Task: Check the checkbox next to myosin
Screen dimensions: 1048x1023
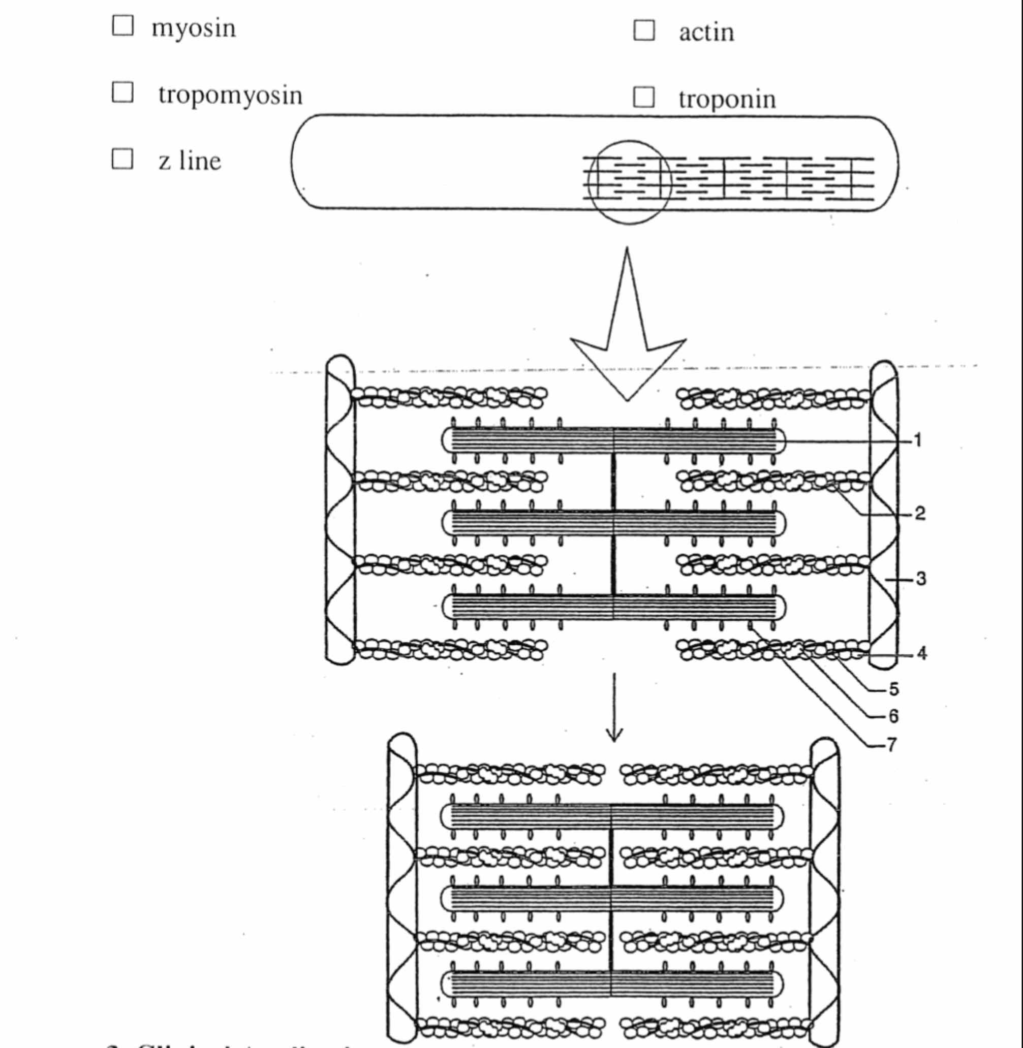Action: click(122, 25)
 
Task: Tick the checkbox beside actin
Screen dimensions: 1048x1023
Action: click(644, 30)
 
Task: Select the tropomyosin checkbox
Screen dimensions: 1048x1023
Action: click(122, 92)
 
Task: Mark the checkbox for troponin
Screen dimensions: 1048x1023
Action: click(644, 97)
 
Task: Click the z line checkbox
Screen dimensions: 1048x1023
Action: click(122, 159)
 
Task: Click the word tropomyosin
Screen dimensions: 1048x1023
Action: click(231, 96)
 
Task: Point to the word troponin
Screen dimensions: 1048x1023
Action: click(727, 100)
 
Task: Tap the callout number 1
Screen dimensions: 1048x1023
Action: click(918, 440)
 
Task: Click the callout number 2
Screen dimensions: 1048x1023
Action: click(920, 514)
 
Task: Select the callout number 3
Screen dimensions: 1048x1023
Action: click(921, 579)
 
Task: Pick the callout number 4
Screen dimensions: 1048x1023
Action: click(922, 653)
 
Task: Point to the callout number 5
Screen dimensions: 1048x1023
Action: click(893, 689)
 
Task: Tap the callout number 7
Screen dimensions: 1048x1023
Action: click(892, 745)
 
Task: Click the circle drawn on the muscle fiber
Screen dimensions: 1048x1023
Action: click(629, 142)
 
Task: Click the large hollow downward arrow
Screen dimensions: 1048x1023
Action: click(628, 344)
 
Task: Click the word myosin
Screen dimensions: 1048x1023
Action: click(194, 28)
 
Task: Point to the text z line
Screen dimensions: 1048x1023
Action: click(189, 161)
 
